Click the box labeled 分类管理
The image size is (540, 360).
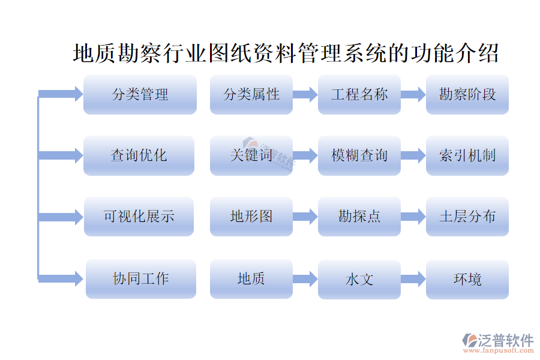coord(140,94)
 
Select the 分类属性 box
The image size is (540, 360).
coord(251,94)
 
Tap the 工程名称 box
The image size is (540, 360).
coord(359,94)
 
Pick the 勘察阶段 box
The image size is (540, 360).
coord(467,94)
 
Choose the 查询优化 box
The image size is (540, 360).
coord(139,155)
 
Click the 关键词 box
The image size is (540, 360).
coord(251,155)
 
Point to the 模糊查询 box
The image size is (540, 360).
coord(359,155)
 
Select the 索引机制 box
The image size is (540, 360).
coord(467,155)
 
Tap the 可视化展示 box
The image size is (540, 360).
coord(139,217)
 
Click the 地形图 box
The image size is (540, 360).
coord(251,217)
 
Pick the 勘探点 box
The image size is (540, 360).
coord(359,217)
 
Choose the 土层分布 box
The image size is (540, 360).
coord(467,217)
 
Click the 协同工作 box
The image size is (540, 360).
coord(141,278)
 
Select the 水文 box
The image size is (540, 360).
coord(359,279)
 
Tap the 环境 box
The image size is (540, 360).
coord(467,279)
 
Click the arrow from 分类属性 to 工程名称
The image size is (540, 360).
coord(305,94)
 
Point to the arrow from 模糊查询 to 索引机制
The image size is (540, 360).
coord(413,155)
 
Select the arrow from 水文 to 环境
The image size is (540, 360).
coord(413,279)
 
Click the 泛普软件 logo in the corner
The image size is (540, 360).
coord(498,342)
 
